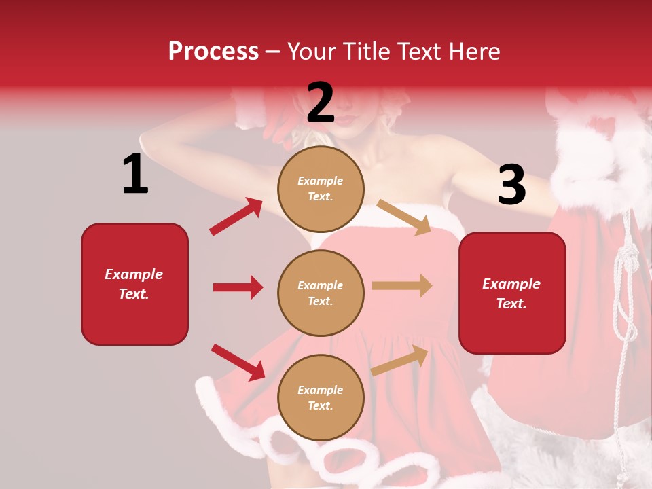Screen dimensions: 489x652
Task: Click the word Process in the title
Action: [213, 52]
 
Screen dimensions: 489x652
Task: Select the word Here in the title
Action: [473, 52]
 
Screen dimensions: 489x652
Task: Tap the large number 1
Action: [135, 175]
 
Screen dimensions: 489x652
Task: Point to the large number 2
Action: [321, 103]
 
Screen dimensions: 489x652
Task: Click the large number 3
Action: [511, 185]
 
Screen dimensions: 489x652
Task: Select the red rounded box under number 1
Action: [134, 284]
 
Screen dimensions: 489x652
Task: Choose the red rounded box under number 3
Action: [512, 293]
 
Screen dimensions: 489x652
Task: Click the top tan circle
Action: [321, 188]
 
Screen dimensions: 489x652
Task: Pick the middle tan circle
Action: [321, 293]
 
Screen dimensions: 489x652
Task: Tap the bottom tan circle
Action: [321, 397]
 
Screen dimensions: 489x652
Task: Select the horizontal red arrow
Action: [238, 287]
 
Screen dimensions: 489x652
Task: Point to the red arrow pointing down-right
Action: [238, 361]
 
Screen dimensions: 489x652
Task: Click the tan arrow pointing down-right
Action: [404, 217]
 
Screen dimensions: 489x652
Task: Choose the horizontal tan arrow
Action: [402, 286]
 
